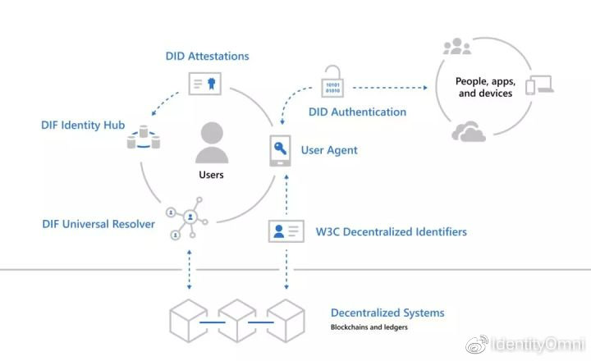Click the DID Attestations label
pyautogui.click(x=208, y=56)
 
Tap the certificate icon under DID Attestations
pyautogui.click(x=204, y=84)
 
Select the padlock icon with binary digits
pyautogui.click(x=332, y=81)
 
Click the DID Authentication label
pyautogui.click(x=357, y=112)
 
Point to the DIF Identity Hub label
pyautogui.click(x=83, y=125)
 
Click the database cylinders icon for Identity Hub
pyautogui.click(x=143, y=137)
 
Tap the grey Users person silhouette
pyautogui.click(x=212, y=143)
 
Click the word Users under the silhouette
pyautogui.click(x=211, y=175)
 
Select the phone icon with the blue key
pyautogui.click(x=280, y=151)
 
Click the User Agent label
pyautogui.click(x=329, y=150)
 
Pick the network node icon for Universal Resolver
pyautogui.click(x=187, y=218)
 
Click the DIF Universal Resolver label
pyautogui.click(x=98, y=224)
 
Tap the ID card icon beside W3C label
pyautogui.click(x=286, y=231)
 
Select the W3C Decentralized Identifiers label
pyautogui.click(x=392, y=231)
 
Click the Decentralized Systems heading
pyautogui.click(x=387, y=313)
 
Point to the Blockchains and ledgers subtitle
pyautogui.click(x=369, y=327)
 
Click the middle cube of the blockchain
pyautogui.click(x=237, y=321)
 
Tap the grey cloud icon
pyautogui.click(x=469, y=131)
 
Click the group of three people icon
pyautogui.click(x=457, y=46)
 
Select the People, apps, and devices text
pyautogui.click(x=485, y=87)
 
